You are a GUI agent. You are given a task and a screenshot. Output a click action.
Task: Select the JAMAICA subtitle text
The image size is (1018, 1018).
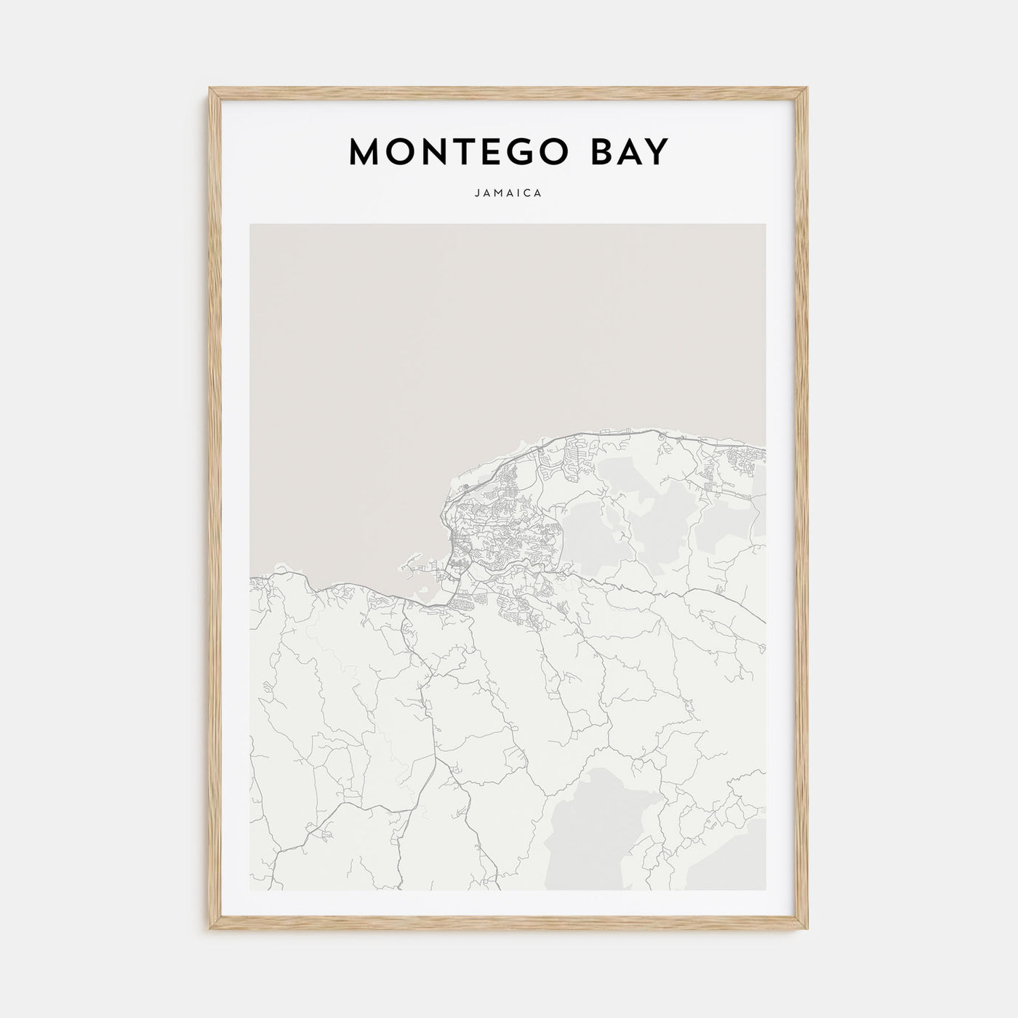508,194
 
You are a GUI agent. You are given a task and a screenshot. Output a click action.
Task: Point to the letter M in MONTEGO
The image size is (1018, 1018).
365,152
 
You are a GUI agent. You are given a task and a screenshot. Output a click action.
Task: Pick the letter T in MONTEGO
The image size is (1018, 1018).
446,152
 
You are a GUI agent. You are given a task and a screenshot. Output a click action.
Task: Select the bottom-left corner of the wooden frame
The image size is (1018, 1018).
211,930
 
